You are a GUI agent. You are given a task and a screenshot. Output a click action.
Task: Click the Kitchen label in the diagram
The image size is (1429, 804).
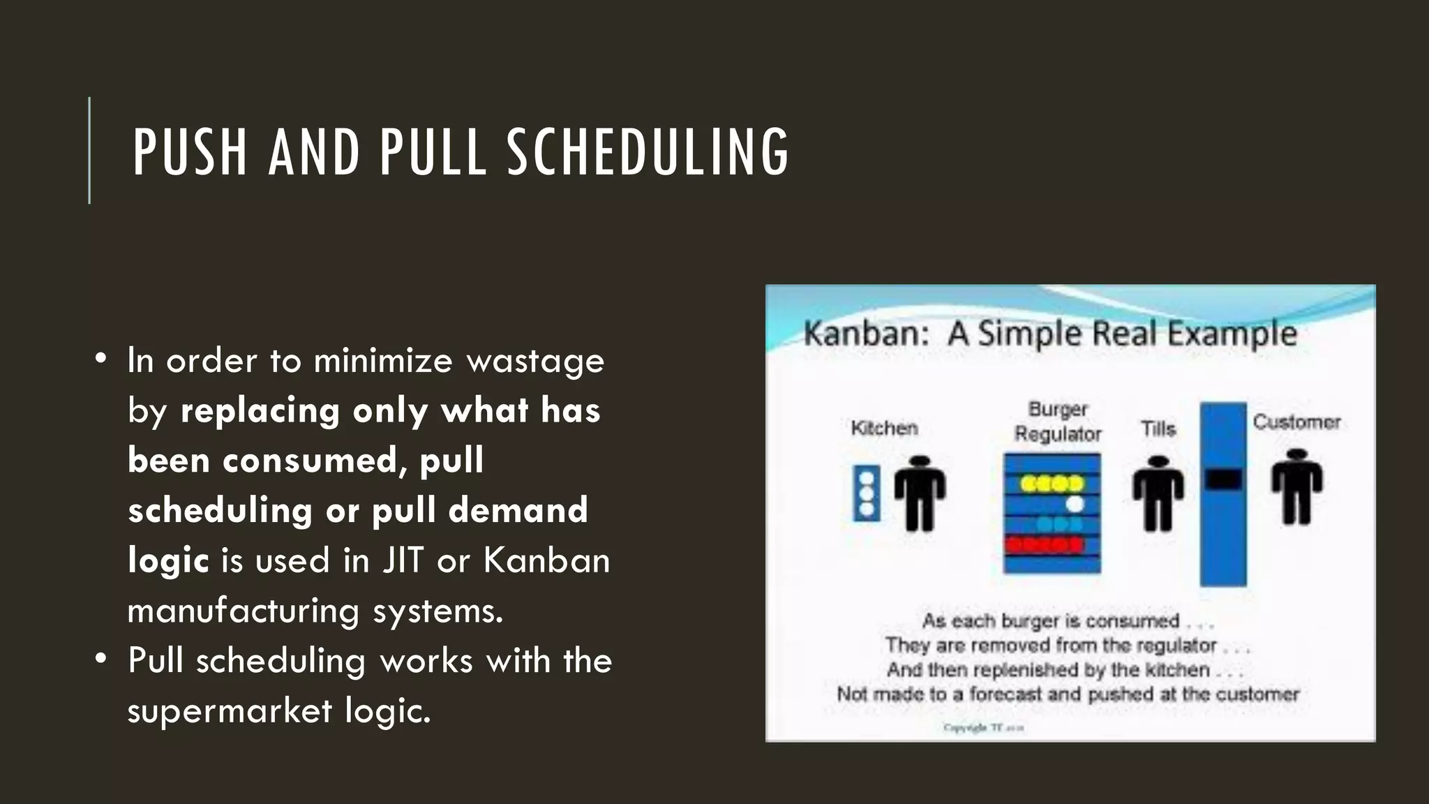[884, 428]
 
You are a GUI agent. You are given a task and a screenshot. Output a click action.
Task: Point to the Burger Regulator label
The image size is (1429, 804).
[1058, 422]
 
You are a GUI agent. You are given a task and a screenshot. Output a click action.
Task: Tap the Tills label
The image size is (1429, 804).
[1158, 429]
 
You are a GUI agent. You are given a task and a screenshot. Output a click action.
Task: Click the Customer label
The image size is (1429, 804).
[1296, 422]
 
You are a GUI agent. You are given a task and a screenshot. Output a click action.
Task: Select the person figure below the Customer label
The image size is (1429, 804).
[1296, 487]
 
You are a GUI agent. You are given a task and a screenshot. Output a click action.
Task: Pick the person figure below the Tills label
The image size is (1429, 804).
[1158, 493]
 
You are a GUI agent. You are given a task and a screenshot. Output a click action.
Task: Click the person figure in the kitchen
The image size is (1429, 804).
[920, 493]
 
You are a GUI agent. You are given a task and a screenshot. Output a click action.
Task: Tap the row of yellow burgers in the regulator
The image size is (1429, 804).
[1052, 483]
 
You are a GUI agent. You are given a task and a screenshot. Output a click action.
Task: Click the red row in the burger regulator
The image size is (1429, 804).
[1045, 544]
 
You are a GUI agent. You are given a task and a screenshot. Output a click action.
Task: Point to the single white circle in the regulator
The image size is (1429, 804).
[1075, 503]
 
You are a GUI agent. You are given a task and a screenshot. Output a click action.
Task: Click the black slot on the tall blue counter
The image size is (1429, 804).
[1223, 479]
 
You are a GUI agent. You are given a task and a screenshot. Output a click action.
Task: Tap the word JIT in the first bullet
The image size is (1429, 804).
[403, 560]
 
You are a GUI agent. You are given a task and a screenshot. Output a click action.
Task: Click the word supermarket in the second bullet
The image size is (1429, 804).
[230, 711]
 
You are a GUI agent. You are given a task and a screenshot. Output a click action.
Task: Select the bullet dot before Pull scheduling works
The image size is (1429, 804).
[102, 658]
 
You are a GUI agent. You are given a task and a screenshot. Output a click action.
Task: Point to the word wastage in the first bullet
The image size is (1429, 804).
[535, 361]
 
